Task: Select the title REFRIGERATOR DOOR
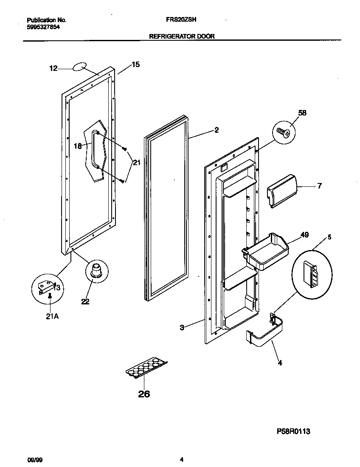click(182, 37)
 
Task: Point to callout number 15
click(135, 65)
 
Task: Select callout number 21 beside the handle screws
click(136, 162)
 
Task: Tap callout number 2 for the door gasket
click(217, 130)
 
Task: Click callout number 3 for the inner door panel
click(182, 327)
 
